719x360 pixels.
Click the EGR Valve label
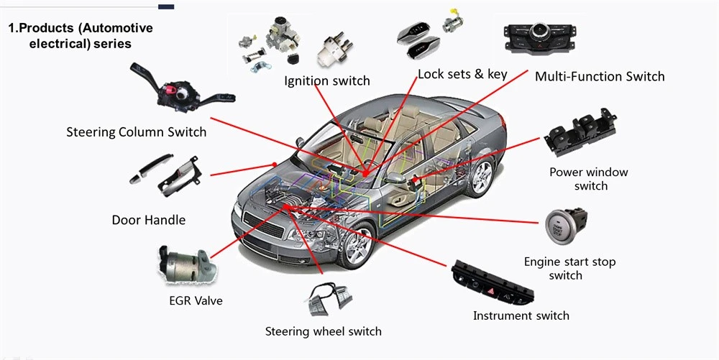click(x=196, y=301)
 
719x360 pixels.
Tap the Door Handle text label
click(x=149, y=220)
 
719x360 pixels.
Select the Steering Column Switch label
click(x=136, y=132)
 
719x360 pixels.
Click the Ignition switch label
click(x=327, y=81)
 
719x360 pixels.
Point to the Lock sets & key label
click(x=462, y=74)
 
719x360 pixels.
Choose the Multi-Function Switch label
click(x=600, y=76)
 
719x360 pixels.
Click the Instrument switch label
click(x=521, y=315)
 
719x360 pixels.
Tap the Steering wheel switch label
click(x=324, y=331)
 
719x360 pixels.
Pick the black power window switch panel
click(x=580, y=131)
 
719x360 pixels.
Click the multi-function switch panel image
click(x=540, y=37)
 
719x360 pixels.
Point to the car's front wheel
click(x=357, y=245)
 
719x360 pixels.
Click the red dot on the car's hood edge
click(x=274, y=165)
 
